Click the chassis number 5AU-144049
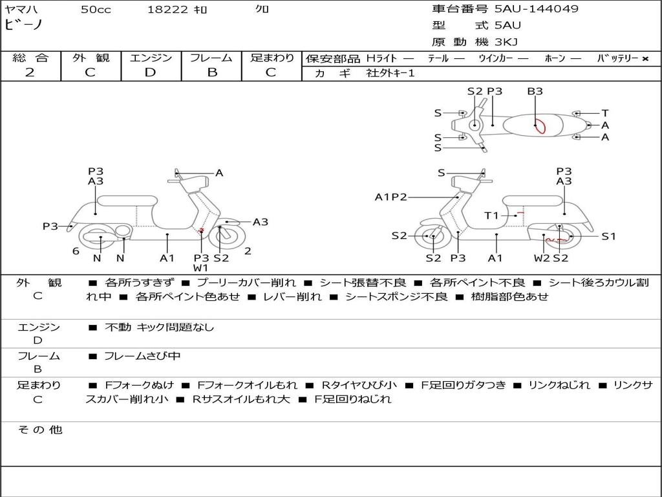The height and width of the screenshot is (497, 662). pyautogui.click(x=536, y=9)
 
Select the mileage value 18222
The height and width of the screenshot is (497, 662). pyautogui.click(x=167, y=9)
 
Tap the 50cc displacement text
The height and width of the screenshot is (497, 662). pyautogui.click(x=96, y=9)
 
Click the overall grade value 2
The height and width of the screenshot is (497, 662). pyautogui.click(x=30, y=72)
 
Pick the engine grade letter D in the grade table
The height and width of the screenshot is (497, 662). pyautogui.click(x=150, y=72)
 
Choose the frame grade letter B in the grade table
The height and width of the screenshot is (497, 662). pyautogui.click(x=212, y=72)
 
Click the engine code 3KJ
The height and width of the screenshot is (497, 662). pyautogui.click(x=506, y=42)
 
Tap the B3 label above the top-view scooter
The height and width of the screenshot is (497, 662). pyautogui.click(x=535, y=91)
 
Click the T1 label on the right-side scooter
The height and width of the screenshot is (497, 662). pyautogui.click(x=491, y=215)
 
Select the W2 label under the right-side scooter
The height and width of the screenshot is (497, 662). pyautogui.click(x=542, y=258)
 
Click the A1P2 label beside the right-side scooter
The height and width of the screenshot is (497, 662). pyautogui.click(x=391, y=197)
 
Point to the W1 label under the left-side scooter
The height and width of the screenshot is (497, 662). pyautogui.click(x=200, y=267)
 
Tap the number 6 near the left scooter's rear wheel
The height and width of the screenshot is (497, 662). pyautogui.click(x=76, y=251)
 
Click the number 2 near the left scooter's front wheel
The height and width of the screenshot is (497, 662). pyautogui.click(x=248, y=251)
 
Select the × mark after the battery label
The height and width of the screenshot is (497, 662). pyautogui.click(x=645, y=59)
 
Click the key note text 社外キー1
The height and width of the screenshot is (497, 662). pyautogui.click(x=390, y=73)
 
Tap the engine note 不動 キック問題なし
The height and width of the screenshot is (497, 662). pyautogui.click(x=159, y=327)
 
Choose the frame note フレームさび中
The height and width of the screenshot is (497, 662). pyautogui.click(x=142, y=356)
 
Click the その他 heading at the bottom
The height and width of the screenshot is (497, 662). pyautogui.click(x=39, y=430)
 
